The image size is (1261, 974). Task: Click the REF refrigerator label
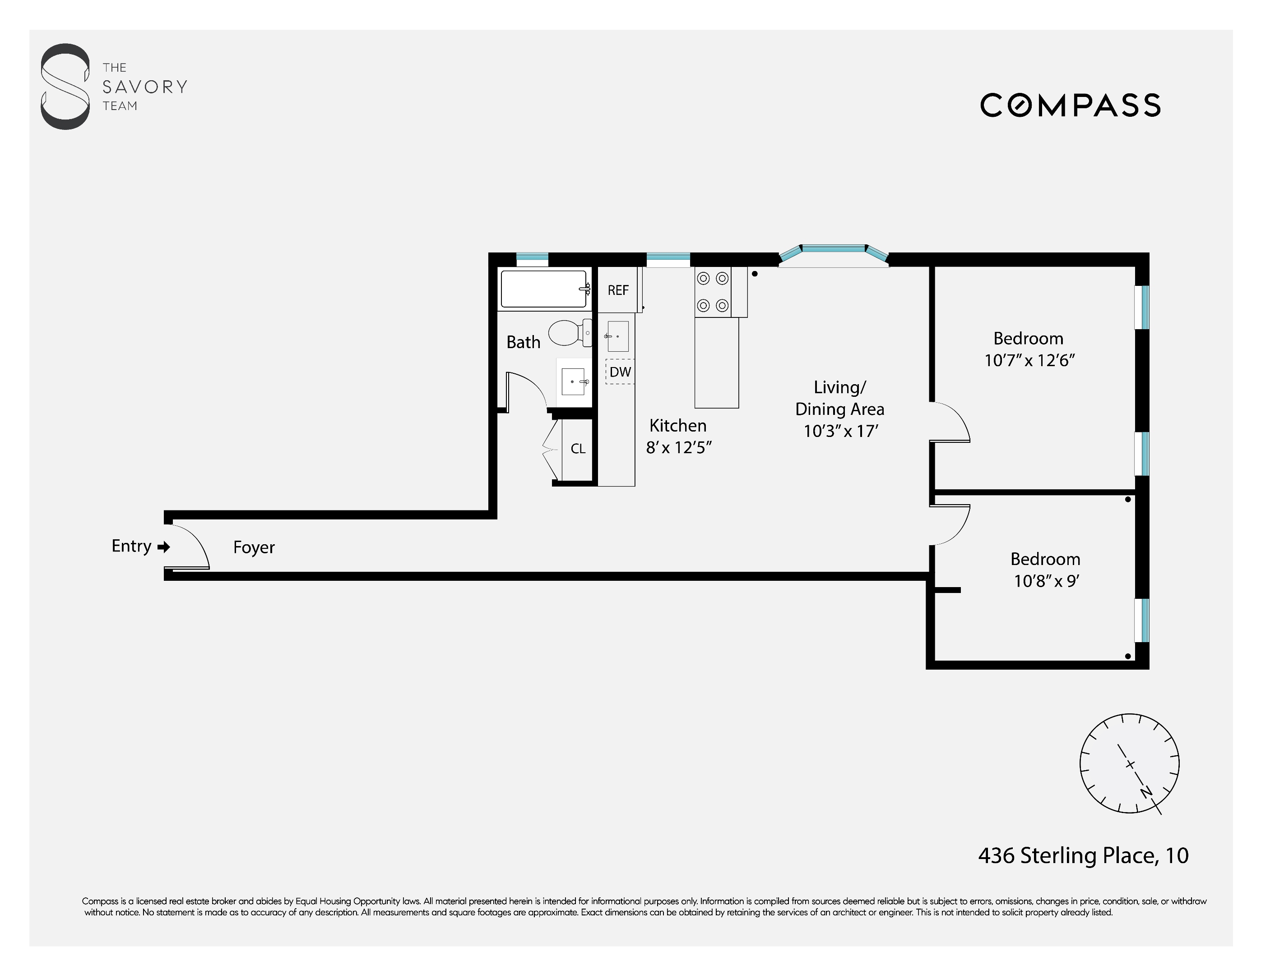[x=618, y=290]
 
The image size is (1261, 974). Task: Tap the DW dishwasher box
[x=620, y=372]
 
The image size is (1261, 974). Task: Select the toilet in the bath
[x=569, y=333]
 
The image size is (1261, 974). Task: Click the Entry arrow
[x=164, y=547]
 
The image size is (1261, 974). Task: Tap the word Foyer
[x=254, y=547]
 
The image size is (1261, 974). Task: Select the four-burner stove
[x=713, y=293]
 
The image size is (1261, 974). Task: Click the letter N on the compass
[x=1146, y=792]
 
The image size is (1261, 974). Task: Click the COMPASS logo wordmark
[x=1070, y=106]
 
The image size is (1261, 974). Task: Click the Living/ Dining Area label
[x=839, y=398]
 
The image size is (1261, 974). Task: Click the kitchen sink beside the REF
[x=617, y=336]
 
